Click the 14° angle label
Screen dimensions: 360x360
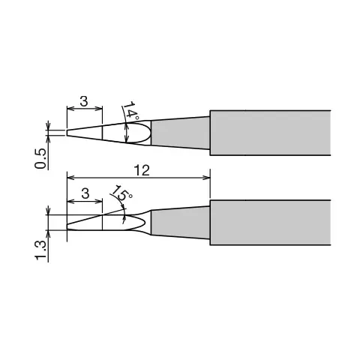pos(131,110)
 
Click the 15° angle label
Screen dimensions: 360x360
pos(121,192)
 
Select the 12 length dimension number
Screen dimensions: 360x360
pos(142,170)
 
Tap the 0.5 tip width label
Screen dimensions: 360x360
pos(40,158)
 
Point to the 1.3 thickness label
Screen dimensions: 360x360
pos(40,250)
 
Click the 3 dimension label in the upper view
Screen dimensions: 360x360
pos(84,101)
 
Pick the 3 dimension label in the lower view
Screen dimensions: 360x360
pos(85,193)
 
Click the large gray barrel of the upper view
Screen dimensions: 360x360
pos(271,133)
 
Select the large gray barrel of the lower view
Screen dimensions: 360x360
pos(271,223)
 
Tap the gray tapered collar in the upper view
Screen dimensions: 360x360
pos(181,133)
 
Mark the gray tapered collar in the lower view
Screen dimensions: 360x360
pos(181,223)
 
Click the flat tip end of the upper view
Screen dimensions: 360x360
pos(67,133)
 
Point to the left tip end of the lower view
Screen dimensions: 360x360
pos(67,226)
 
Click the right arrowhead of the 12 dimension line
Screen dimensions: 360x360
pos(206,178)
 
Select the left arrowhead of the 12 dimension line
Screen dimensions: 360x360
pos(71,178)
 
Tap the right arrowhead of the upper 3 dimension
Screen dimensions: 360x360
pos(99,109)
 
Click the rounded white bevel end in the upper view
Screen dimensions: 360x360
pos(149,133)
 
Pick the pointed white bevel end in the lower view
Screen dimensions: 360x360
pos(145,222)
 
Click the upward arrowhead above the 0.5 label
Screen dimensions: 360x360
pos(48,139)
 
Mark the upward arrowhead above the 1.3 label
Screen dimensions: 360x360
pos(48,234)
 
